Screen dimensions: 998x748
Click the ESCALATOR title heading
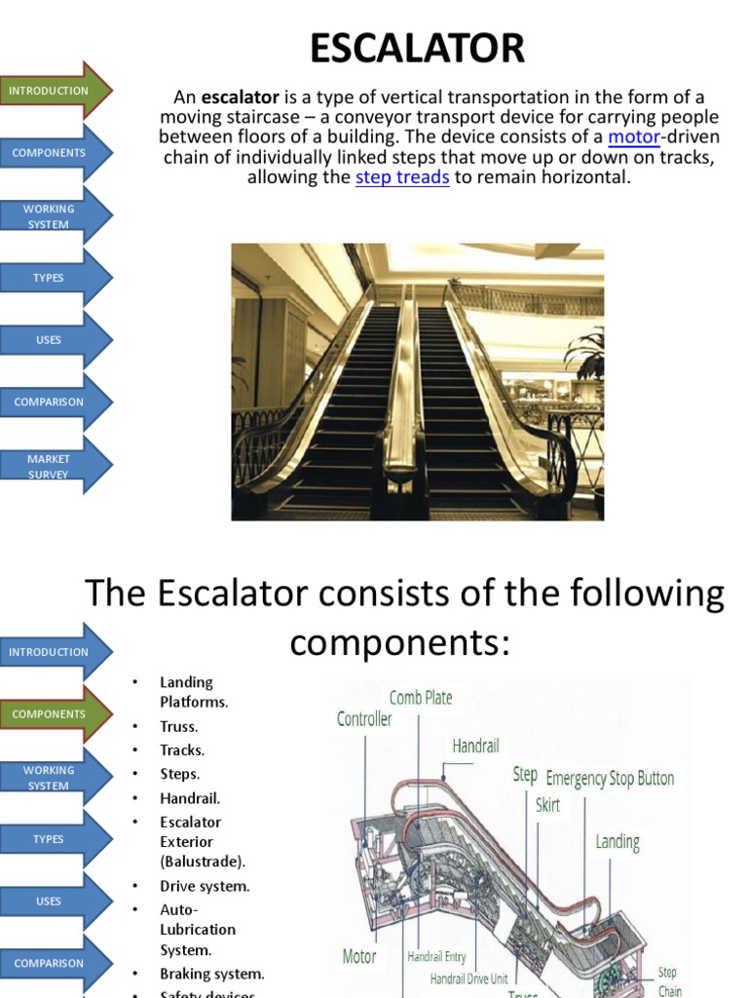[x=417, y=48]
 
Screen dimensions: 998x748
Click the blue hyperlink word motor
[x=633, y=137]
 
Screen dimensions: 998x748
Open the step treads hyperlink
[x=402, y=177]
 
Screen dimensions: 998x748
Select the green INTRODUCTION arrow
[x=54, y=91]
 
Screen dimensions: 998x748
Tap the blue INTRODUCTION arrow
[x=54, y=652]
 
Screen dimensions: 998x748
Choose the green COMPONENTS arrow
[x=54, y=714]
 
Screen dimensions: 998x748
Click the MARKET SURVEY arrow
[x=54, y=466]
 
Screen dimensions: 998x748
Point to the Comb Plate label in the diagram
[x=421, y=698]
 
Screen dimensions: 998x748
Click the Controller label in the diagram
[x=364, y=719]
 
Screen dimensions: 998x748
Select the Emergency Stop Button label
[x=610, y=779]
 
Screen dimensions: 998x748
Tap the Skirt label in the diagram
[x=547, y=805]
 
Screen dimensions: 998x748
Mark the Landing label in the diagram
[x=617, y=841]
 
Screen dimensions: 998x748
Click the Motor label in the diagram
[x=358, y=956]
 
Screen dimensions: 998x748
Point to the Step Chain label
[x=669, y=980]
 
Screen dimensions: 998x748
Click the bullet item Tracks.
[x=182, y=750]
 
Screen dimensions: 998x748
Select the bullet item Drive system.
[x=205, y=886]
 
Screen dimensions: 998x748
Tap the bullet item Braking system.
[x=211, y=974]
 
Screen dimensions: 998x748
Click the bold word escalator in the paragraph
[x=241, y=97]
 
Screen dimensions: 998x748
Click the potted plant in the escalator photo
[x=588, y=356]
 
